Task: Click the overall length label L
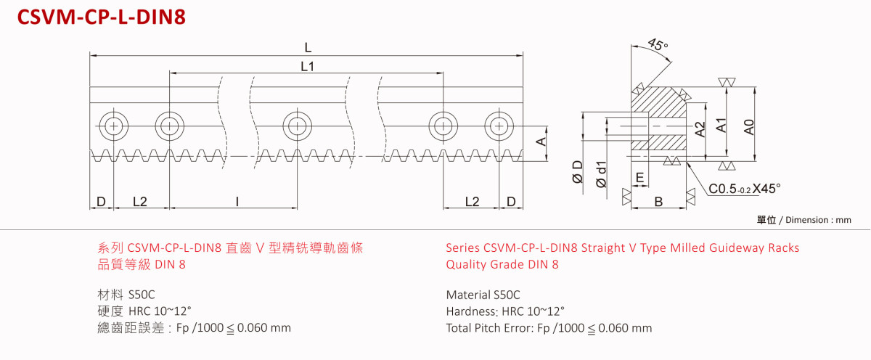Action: click(x=308, y=47)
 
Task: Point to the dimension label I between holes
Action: click(x=237, y=201)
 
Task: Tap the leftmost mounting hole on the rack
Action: click(x=113, y=126)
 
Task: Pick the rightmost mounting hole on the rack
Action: click(x=498, y=126)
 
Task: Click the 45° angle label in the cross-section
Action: click(x=658, y=46)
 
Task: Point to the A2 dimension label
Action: click(x=700, y=129)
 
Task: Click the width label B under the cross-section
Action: click(x=658, y=202)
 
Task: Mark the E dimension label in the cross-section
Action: click(x=639, y=177)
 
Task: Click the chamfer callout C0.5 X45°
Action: click(x=745, y=189)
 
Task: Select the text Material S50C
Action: click(x=483, y=295)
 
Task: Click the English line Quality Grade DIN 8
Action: click(x=502, y=264)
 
